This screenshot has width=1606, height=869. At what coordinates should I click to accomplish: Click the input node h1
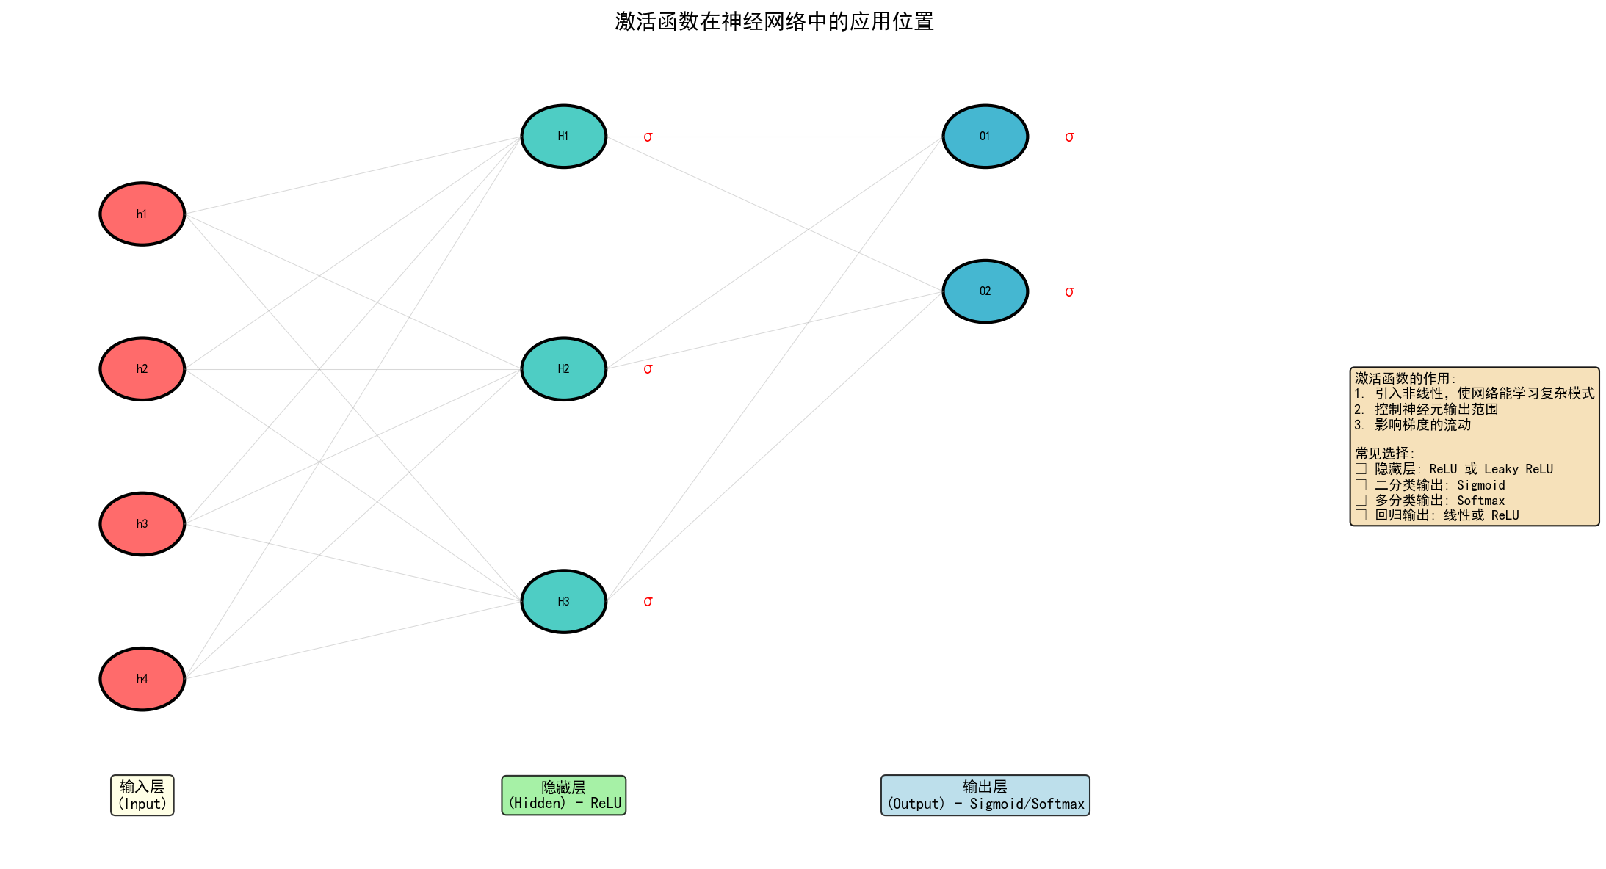coord(142,214)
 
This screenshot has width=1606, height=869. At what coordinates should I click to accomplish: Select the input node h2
coord(142,369)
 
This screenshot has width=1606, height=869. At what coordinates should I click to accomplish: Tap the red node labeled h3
coord(142,524)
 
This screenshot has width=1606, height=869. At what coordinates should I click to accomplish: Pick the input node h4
coord(142,679)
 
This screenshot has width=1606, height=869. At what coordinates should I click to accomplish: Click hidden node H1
coord(563,137)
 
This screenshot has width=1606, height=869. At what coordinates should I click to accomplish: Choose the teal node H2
coord(563,369)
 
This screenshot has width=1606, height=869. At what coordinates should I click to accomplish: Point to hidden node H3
coord(563,602)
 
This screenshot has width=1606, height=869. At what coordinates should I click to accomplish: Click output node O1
coord(985,137)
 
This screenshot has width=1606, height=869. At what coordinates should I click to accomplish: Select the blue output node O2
coord(985,291)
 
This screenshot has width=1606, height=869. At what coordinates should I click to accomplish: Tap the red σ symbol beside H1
coord(648,137)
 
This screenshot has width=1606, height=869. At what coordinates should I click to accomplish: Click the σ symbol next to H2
coord(648,369)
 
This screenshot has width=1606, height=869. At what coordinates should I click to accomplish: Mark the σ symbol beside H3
coord(648,602)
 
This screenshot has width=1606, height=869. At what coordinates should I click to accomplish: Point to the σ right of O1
coord(1069,137)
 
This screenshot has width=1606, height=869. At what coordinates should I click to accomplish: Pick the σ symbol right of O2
coord(1069,292)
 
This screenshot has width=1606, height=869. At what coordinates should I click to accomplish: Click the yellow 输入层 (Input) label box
coord(142,795)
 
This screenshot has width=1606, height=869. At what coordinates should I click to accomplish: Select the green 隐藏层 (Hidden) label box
coord(563,795)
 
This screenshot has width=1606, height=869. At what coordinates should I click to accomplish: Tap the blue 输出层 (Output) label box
coord(985,795)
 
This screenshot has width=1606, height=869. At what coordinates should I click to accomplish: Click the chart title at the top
coord(774,22)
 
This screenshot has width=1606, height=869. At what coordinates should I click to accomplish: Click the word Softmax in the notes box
coord(1480,501)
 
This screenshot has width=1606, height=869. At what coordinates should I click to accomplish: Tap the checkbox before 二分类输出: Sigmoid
coord(1361,485)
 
